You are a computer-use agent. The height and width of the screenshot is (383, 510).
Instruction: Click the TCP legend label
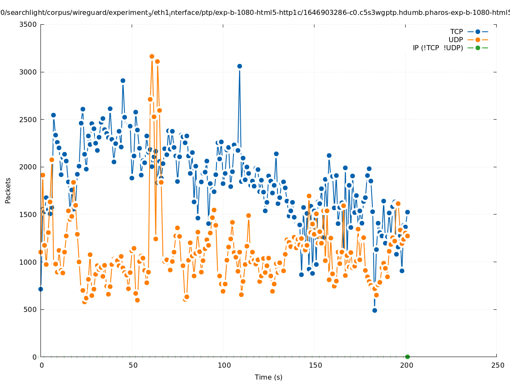click(x=457, y=32)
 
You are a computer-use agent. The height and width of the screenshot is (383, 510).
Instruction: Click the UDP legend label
click(x=456, y=40)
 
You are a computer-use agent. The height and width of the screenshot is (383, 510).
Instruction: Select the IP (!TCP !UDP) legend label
click(x=438, y=48)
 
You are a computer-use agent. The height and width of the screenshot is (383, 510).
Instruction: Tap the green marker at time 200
click(x=407, y=357)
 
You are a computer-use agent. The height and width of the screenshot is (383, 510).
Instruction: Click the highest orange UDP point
click(x=152, y=56)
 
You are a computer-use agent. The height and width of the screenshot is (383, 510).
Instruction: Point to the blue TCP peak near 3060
click(x=239, y=66)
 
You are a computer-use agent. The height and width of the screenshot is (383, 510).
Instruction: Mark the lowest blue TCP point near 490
click(x=375, y=310)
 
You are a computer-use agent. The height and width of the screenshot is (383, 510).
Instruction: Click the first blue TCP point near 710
click(x=40, y=289)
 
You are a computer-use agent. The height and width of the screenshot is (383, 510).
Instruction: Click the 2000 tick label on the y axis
click(x=29, y=167)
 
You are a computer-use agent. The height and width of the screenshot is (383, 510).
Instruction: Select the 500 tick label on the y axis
click(x=30, y=309)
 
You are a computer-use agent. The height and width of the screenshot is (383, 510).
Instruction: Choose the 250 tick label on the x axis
click(x=496, y=366)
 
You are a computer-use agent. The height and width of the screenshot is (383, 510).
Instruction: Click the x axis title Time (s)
click(x=268, y=377)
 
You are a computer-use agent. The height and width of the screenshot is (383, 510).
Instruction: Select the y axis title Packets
click(x=8, y=190)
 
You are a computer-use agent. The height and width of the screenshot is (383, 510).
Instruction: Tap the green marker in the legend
click(x=478, y=48)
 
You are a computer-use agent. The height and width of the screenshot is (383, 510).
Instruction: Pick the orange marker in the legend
click(x=478, y=40)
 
